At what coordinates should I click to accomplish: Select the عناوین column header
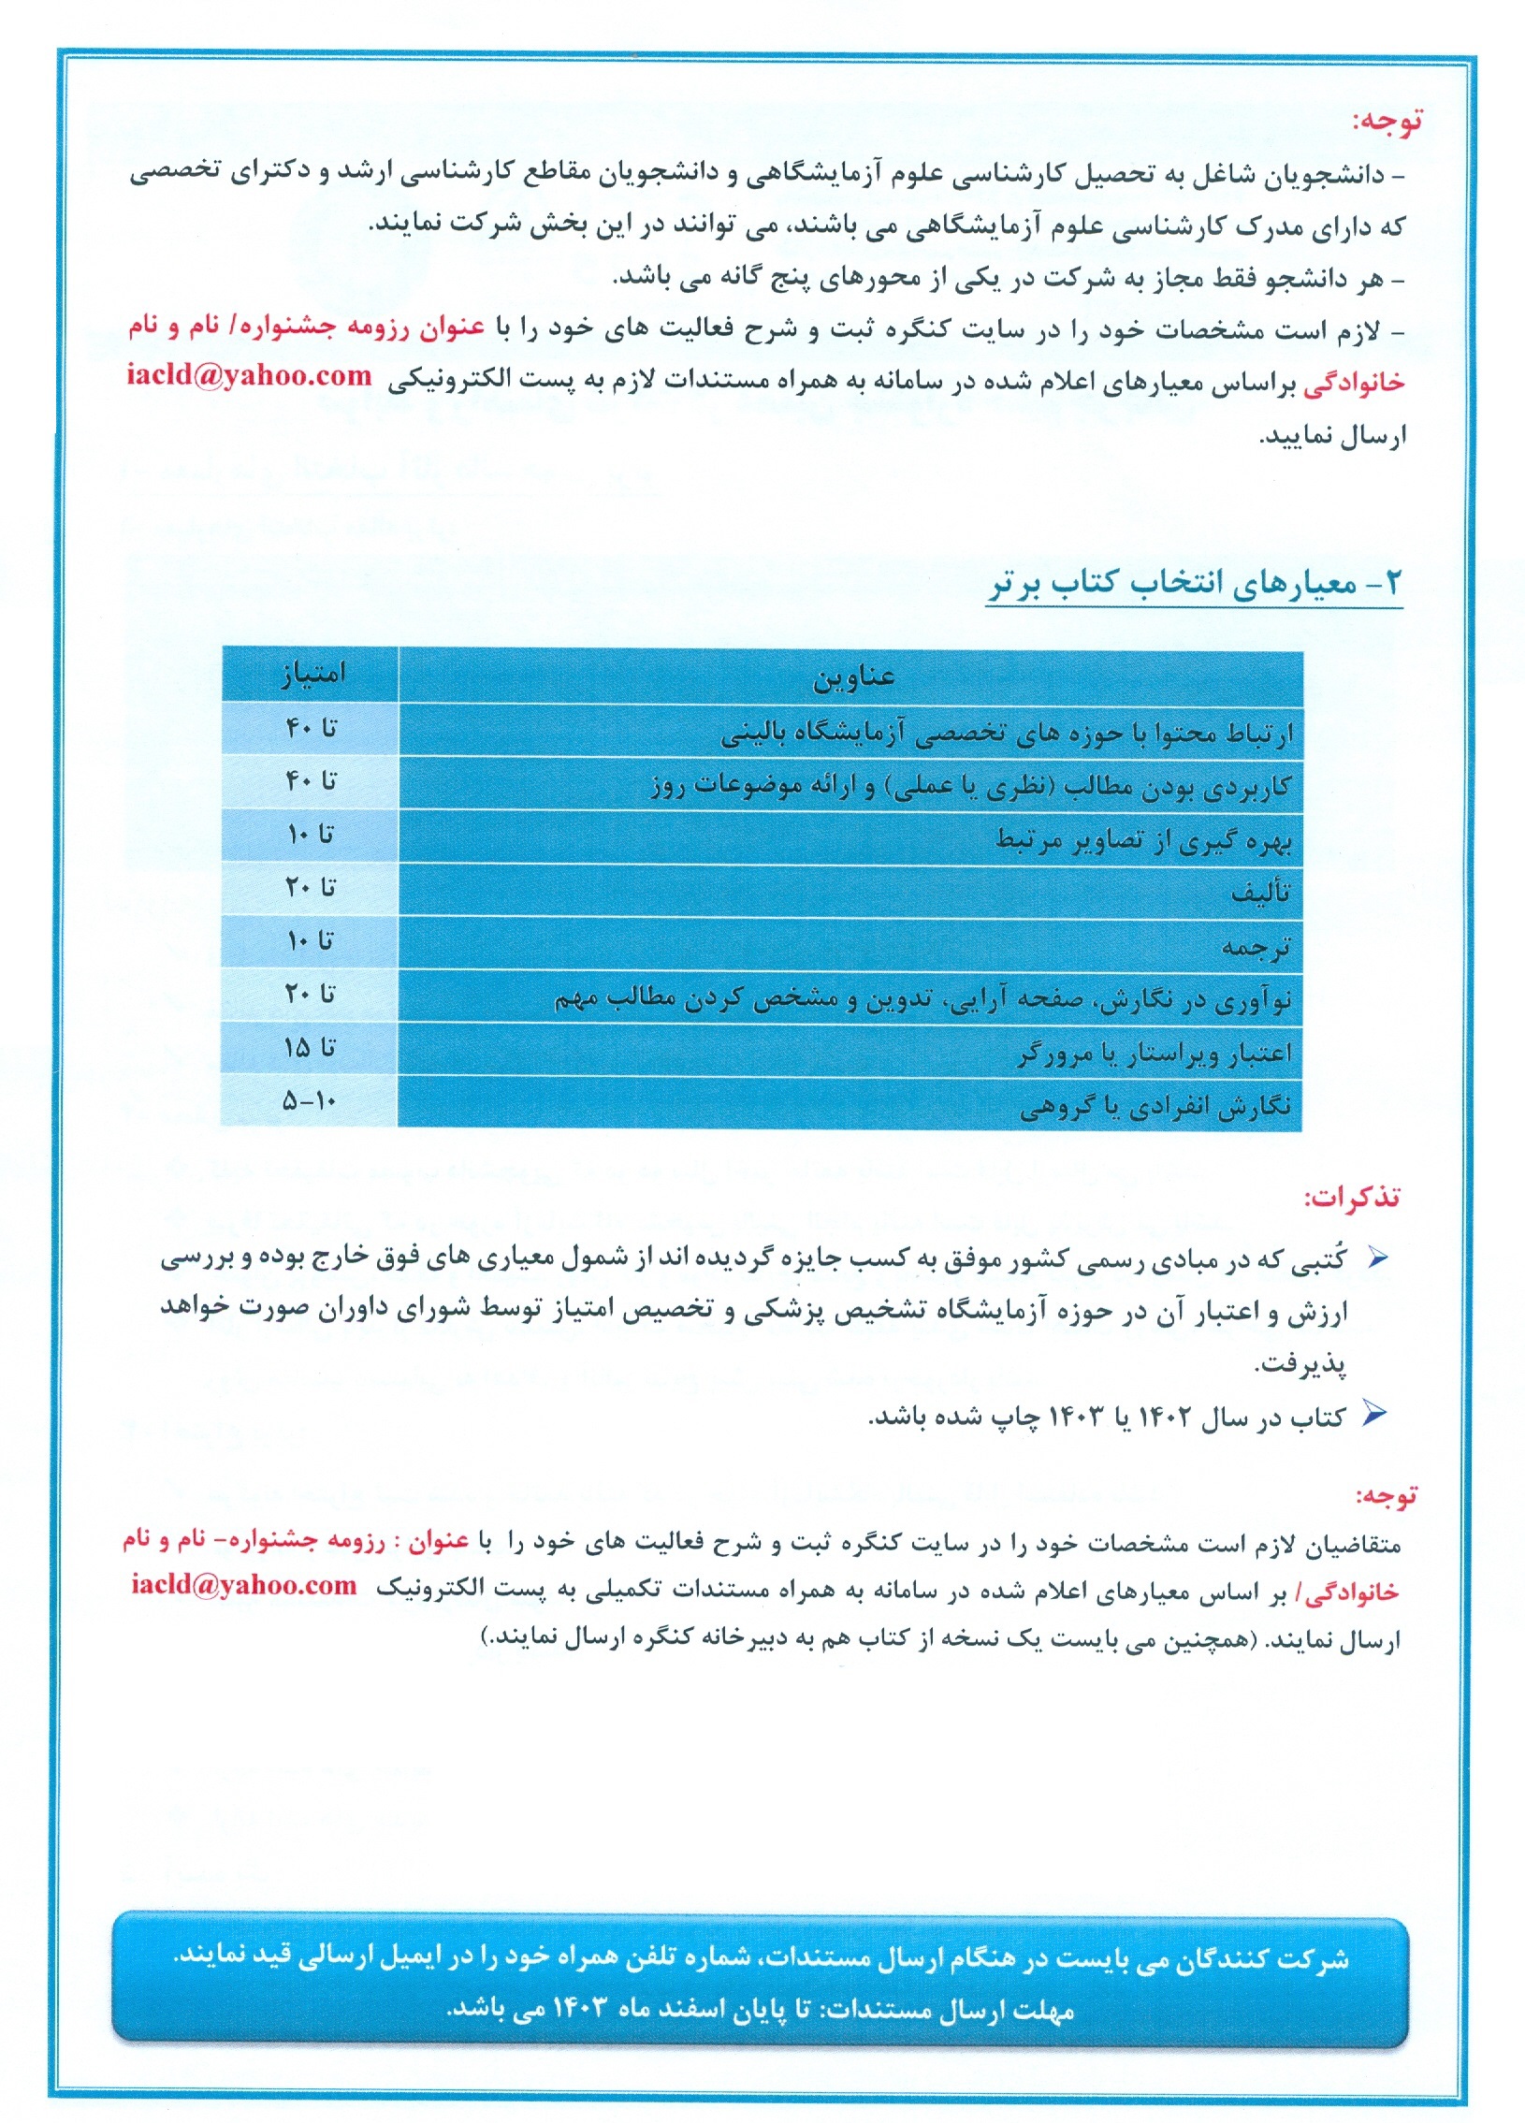click(x=852, y=676)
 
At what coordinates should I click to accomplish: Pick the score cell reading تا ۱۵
click(x=310, y=1048)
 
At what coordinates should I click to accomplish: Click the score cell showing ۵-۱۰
click(x=310, y=1102)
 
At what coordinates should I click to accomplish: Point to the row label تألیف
click(x=1261, y=893)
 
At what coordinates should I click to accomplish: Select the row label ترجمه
click(x=1256, y=946)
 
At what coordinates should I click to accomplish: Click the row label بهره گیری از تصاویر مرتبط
click(x=1144, y=840)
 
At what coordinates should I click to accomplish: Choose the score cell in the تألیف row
click(x=310, y=887)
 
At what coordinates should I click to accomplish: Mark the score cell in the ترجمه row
click(x=310, y=940)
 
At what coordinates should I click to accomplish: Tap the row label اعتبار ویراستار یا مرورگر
click(x=1155, y=1054)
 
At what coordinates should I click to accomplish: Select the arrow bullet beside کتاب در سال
click(x=1373, y=1415)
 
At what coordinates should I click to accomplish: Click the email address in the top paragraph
click(x=250, y=377)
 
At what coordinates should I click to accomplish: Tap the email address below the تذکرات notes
click(x=244, y=1586)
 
